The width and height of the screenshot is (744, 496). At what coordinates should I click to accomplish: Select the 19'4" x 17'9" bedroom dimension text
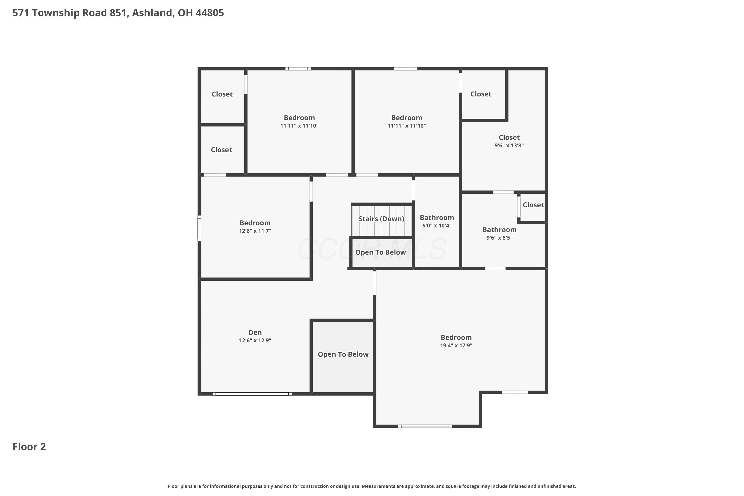click(x=456, y=345)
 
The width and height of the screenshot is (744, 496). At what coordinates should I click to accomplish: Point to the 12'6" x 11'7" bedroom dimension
click(x=255, y=231)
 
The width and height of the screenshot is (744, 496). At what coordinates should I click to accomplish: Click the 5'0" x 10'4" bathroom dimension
click(x=437, y=225)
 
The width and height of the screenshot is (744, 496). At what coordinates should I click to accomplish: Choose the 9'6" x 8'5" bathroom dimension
click(x=499, y=238)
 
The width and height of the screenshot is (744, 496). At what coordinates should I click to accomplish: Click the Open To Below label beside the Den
click(x=343, y=354)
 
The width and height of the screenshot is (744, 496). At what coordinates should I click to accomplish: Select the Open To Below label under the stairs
click(x=380, y=252)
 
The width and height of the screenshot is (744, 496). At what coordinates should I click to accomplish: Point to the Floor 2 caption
click(x=29, y=447)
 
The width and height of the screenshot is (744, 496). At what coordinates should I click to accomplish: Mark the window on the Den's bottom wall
click(x=252, y=394)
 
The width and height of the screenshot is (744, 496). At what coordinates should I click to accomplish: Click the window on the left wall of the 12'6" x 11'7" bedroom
click(x=199, y=228)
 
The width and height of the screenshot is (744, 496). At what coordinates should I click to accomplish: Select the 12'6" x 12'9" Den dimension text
click(x=255, y=340)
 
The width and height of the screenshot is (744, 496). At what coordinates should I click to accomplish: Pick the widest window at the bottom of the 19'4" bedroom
click(x=425, y=426)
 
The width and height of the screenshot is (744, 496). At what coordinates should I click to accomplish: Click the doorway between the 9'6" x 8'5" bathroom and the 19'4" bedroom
click(x=495, y=269)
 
